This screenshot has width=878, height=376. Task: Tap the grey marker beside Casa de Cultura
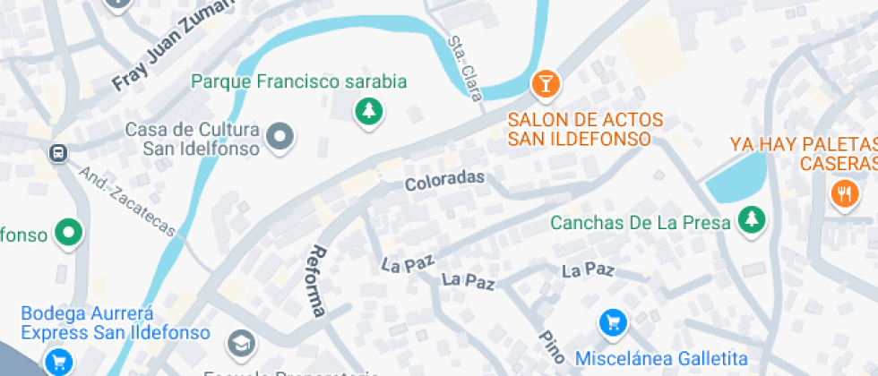tap(281, 137)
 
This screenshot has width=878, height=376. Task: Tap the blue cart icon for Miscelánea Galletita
tap(613, 322)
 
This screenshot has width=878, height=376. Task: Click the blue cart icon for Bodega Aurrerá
tap(59, 361)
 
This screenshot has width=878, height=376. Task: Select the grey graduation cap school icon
tap(240, 342)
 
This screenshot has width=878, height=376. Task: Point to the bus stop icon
tap(59, 153)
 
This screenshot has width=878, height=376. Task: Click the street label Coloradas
tap(444, 181)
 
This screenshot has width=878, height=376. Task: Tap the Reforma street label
tap(316, 282)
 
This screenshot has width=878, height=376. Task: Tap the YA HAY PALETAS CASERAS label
tap(803, 153)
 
